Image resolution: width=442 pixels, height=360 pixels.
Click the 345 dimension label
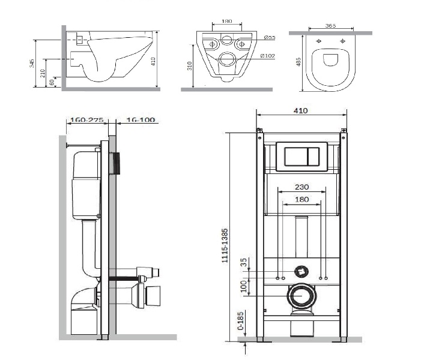(32, 64)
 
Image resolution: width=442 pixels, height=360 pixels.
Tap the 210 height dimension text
(43, 74)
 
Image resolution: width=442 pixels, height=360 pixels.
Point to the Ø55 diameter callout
(270, 37)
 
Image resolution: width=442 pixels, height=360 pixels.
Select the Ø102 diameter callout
(267, 56)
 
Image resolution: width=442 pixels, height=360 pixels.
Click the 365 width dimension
(330, 26)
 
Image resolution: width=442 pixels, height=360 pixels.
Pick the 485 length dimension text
(298, 62)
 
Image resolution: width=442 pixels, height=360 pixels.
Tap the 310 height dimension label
(189, 66)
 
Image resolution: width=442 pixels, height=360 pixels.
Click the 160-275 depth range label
(87, 120)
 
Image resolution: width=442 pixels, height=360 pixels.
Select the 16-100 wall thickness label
(141, 120)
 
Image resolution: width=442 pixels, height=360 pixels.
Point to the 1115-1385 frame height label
(225, 246)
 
